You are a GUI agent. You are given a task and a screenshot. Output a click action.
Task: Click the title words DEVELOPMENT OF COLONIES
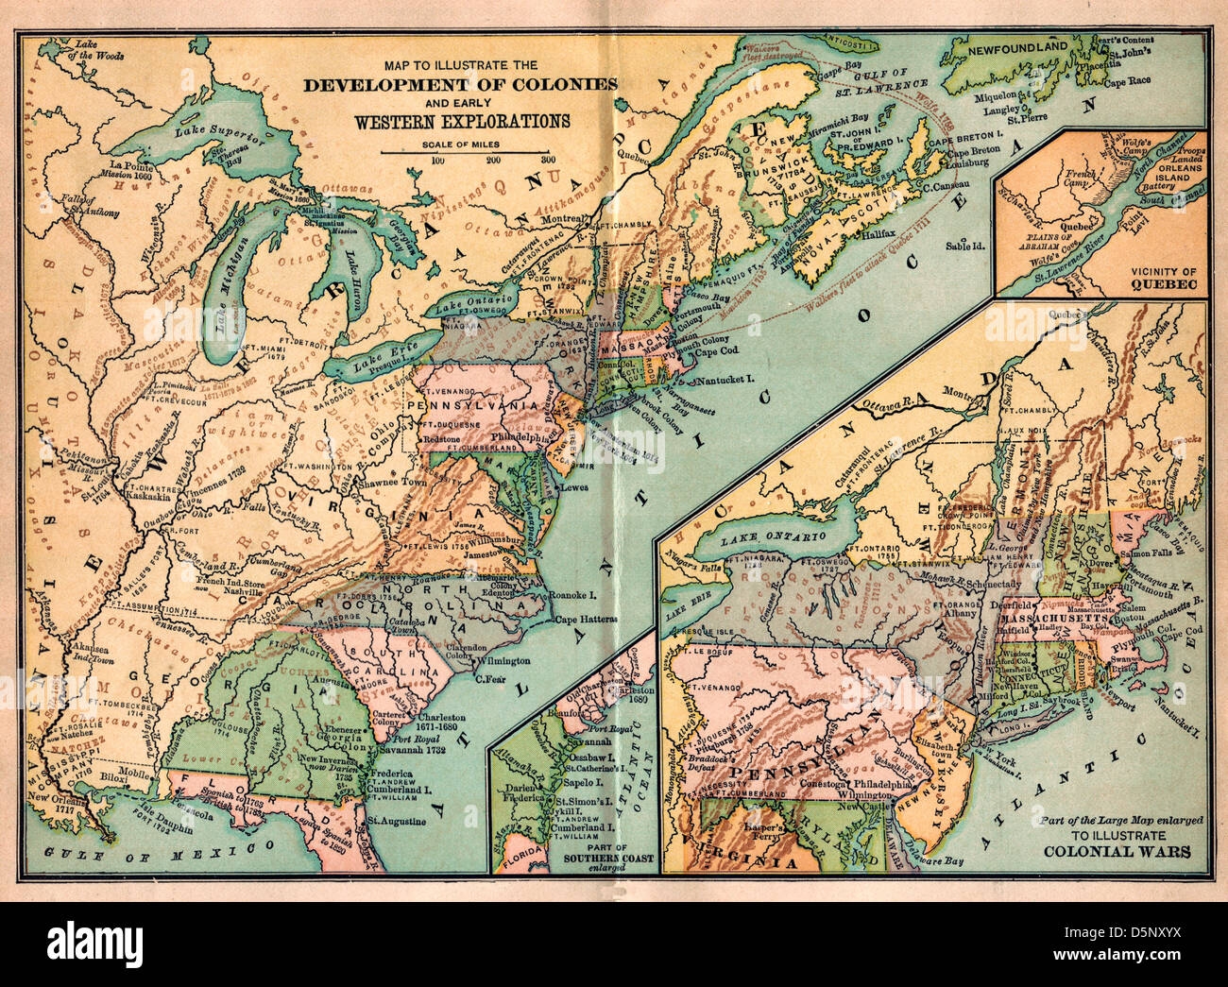461,84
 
